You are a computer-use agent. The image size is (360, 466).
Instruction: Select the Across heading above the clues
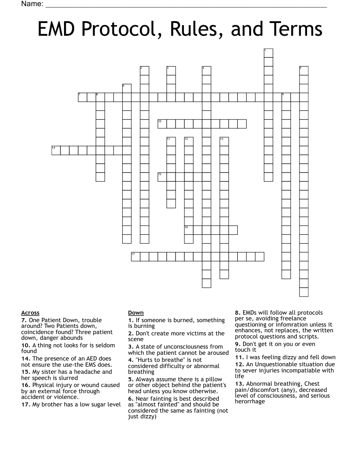(x=30, y=313)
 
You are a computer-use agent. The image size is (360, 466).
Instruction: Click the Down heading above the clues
(x=135, y=313)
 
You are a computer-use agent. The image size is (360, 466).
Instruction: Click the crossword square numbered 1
(x=268, y=53)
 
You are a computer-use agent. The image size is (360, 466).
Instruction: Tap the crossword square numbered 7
(x=82, y=97)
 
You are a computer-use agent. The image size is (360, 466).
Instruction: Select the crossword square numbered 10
(x=162, y=124)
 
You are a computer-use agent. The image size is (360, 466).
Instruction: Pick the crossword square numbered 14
(x=56, y=150)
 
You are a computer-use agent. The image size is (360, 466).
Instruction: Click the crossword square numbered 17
(x=135, y=256)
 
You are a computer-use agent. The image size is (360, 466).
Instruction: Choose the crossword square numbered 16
(x=189, y=230)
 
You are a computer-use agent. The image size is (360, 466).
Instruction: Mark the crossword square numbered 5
(x=304, y=71)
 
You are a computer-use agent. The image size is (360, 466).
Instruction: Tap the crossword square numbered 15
(x=162, y=177)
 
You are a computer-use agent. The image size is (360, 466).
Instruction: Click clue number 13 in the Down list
(x=238, y=384)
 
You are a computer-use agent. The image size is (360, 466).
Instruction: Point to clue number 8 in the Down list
(x=237, y=313)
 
